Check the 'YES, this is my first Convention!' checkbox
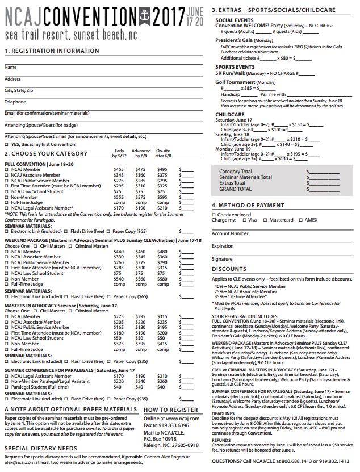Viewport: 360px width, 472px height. click(x=7, y=144)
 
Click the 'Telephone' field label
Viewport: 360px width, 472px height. click(x=15, y=102)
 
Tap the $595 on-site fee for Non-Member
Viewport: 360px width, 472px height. click(x=162, y=197)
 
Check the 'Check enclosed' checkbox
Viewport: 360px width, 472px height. click(x=214, y=215)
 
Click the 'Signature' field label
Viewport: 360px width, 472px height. click(x=223, y=259)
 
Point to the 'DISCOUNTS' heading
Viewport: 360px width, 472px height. click(x=229, y=269)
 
